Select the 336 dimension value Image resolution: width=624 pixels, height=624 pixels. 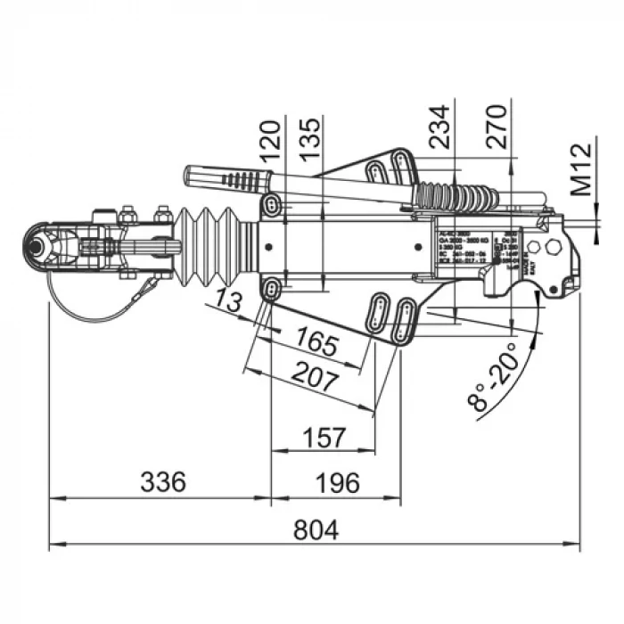(162, 483)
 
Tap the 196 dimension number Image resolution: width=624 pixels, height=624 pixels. (338, 483)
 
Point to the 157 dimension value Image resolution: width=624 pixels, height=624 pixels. (324, 438)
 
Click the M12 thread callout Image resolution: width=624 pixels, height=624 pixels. (582, 168)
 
